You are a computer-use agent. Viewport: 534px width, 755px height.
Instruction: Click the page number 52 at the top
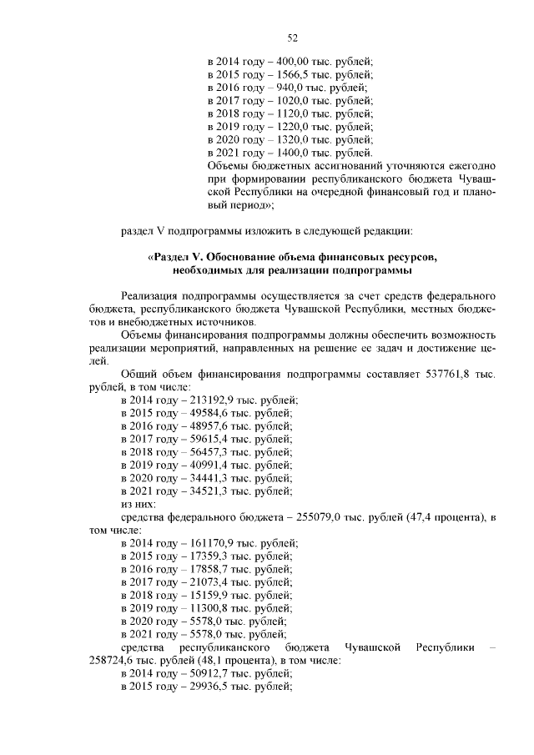[292, 38]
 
